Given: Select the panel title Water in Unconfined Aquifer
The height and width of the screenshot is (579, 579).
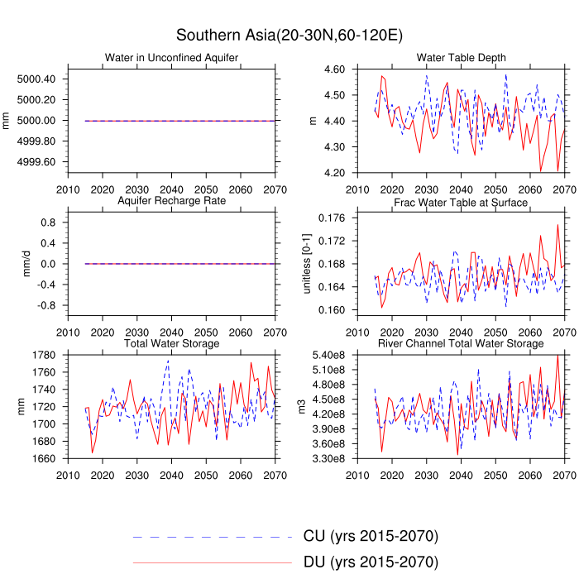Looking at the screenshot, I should pyautogui.click(x=171, y=57).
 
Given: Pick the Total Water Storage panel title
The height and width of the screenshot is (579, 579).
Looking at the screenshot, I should pyautogui.click(x=171, y=343).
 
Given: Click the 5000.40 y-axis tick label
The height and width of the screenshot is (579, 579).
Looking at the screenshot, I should pyautogui.click(x=36, y=79).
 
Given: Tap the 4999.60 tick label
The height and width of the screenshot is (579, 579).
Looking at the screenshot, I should pyautogui.click(x=36, y=161).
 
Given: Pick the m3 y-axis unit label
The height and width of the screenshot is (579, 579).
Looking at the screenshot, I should pyautogui.click(x=303, y=407).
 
